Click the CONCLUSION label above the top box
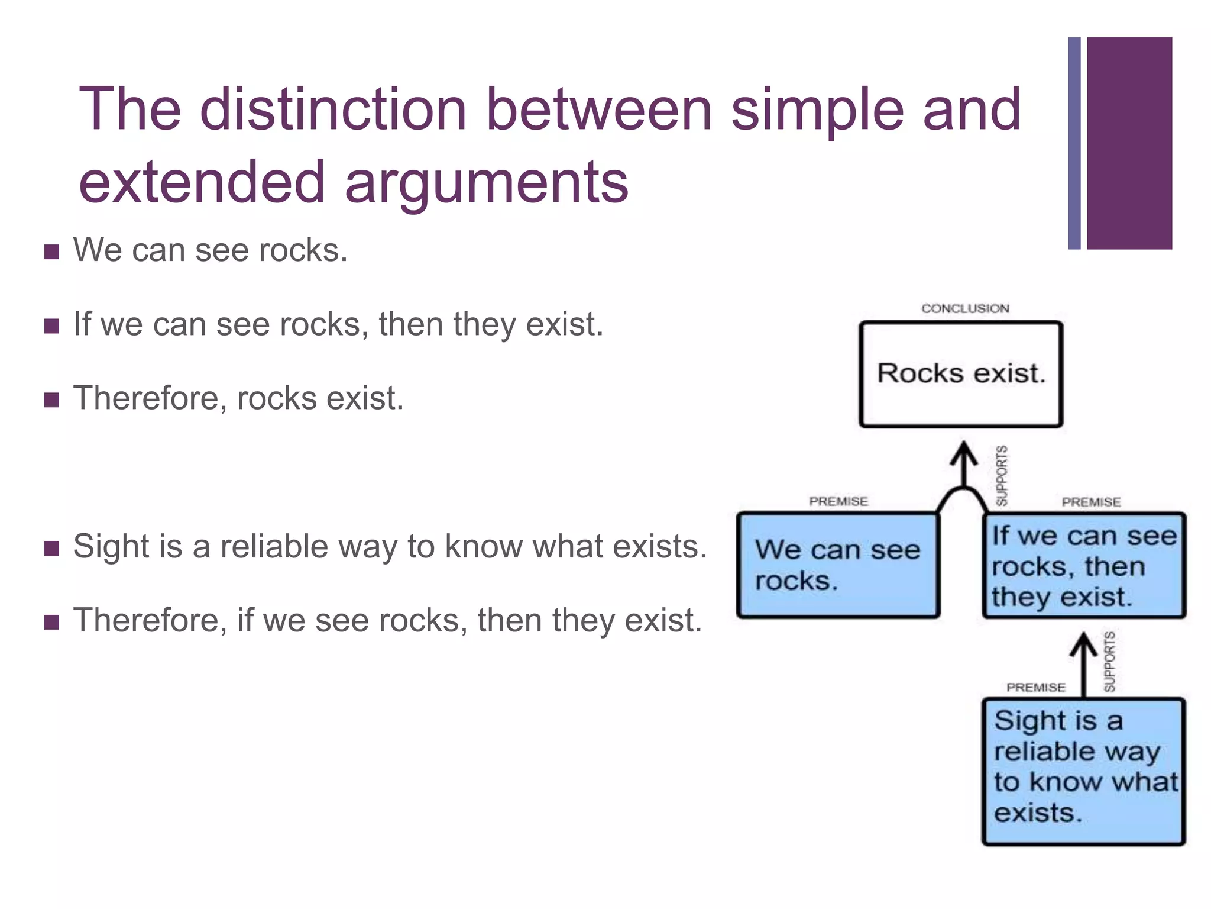(965, 308)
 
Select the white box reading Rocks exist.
(961, 374)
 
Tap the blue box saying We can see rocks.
(838, 565)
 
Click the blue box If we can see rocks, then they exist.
(1084, 565)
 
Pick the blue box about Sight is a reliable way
(1084, 771)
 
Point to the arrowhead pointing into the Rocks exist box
(964, 453)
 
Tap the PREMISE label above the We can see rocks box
(838, 501)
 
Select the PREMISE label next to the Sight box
(1036, 687)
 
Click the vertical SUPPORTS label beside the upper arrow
(1002, 475)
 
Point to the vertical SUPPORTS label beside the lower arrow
(1110, 661)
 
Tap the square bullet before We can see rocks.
(52, 253)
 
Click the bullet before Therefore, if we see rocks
(52, 623)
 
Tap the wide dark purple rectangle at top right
(1129, 143)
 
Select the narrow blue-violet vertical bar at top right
(1074, 143)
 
